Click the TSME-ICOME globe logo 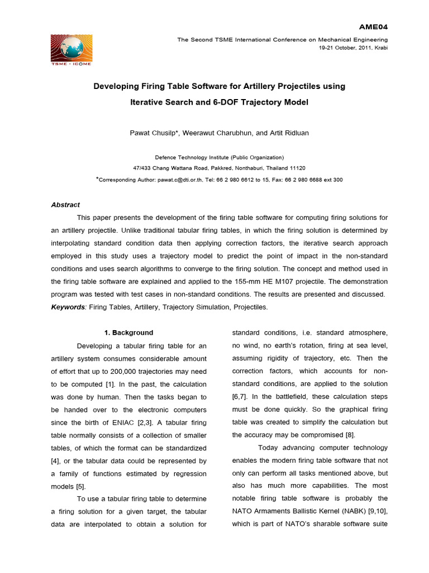[71, 49]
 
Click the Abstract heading [65, 205]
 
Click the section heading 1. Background [128, 332]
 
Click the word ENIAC [121, 410]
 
